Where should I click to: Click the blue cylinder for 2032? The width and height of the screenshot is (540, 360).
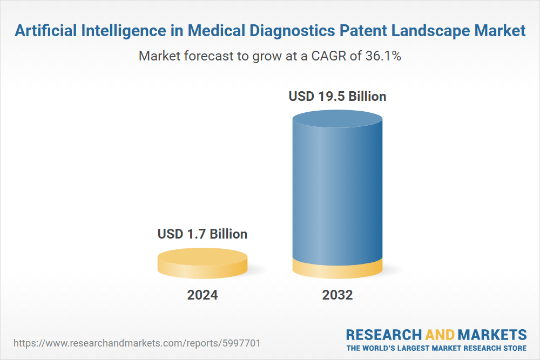coord(337,189)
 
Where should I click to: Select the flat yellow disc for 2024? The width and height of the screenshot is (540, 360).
coord(202,263)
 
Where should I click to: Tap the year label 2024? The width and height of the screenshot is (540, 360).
coord(202,295)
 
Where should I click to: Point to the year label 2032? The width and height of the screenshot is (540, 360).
coord(337,295)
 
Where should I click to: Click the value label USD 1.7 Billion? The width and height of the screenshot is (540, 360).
coord(202,234)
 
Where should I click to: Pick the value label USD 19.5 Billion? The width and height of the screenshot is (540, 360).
coord(337,97)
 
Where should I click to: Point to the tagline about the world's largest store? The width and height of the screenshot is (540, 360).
coord(436,348)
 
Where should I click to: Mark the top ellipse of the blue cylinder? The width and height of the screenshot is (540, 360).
coord(337,120)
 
